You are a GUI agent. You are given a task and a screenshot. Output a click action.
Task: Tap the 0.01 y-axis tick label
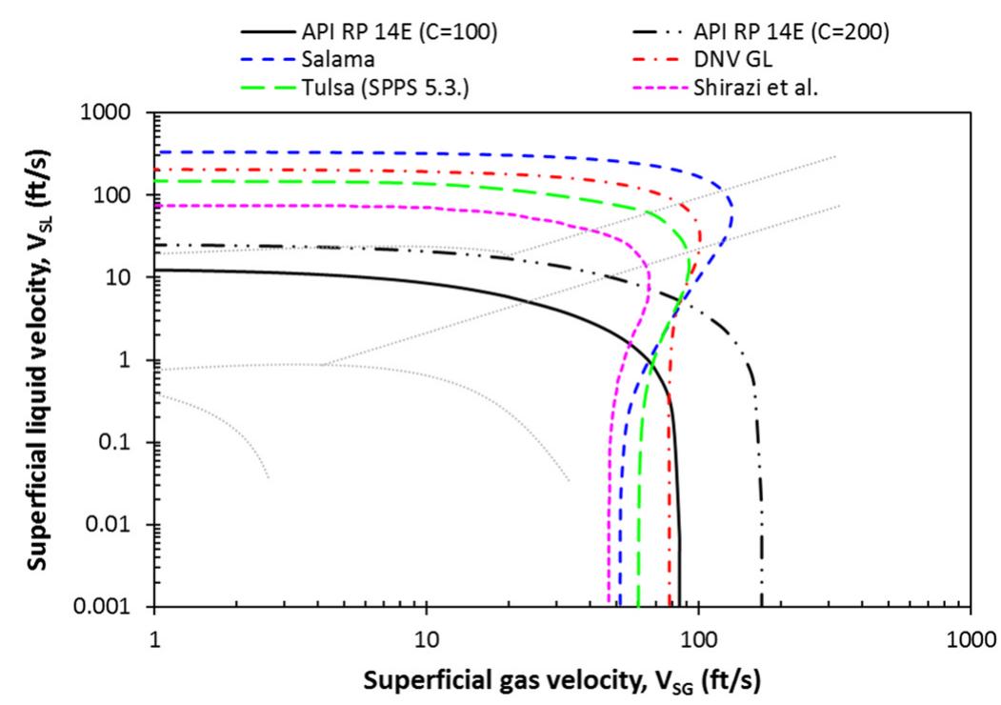123,525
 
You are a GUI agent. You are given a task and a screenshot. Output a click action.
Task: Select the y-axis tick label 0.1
128,442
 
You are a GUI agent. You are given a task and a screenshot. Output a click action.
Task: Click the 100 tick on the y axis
128,195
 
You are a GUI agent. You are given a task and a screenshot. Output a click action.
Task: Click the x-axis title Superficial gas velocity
562,680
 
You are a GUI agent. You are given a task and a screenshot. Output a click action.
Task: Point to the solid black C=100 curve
381,281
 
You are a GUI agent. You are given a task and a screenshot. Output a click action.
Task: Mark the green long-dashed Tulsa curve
381,182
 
